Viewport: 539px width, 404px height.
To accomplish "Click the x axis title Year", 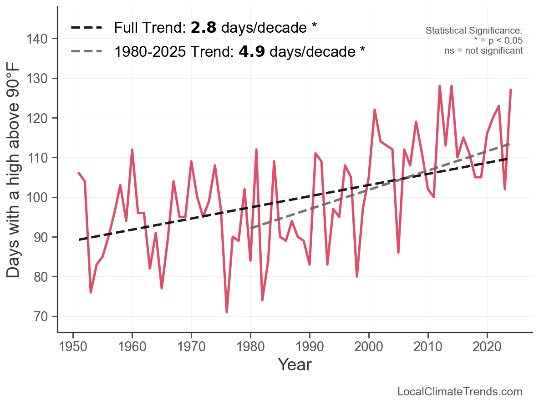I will click(295, 364).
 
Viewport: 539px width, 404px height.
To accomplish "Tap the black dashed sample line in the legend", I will click(86, 28).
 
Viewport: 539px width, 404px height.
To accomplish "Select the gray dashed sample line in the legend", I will click(86, 51).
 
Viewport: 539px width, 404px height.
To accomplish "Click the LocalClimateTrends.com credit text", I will click(460, 392).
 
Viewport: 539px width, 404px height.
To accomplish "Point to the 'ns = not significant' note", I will click(483, 50).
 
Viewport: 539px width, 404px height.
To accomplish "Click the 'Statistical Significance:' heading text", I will click(474, 30).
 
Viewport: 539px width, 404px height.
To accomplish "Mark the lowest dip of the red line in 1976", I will click(227, 312).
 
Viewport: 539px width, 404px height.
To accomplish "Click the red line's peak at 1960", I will click(132, 150).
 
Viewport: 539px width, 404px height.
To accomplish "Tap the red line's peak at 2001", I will click(375, 110).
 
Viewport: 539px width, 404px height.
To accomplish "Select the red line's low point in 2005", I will click(398, 253).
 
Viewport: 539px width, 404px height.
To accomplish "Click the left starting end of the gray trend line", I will click(251, 228).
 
